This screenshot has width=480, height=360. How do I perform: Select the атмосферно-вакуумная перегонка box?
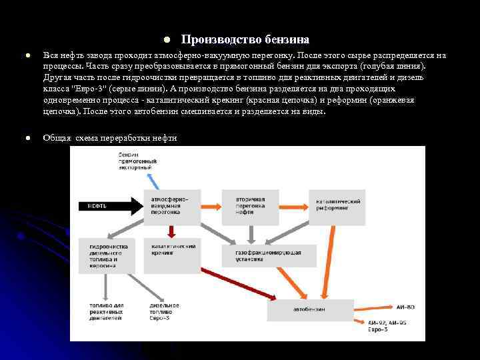click(171, 206)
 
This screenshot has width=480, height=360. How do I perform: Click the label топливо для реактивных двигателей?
click(105, 311)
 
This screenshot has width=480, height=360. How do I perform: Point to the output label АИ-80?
click(406, 307)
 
